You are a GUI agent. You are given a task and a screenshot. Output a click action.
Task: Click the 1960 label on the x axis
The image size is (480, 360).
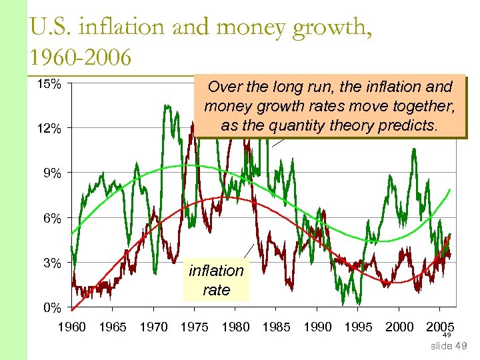72,327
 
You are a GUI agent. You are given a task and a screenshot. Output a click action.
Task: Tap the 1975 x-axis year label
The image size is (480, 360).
194,327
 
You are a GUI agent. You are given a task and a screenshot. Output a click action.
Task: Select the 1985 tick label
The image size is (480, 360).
275,327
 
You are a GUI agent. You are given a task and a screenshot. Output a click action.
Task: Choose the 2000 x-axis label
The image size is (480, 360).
399,327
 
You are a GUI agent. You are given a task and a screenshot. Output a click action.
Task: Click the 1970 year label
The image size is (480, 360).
153,327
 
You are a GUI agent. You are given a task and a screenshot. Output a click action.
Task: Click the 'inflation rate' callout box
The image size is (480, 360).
216,280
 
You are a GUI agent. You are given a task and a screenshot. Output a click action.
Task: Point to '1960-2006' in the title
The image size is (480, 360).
80,57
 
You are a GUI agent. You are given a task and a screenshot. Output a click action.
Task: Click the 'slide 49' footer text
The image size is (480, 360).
449,346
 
